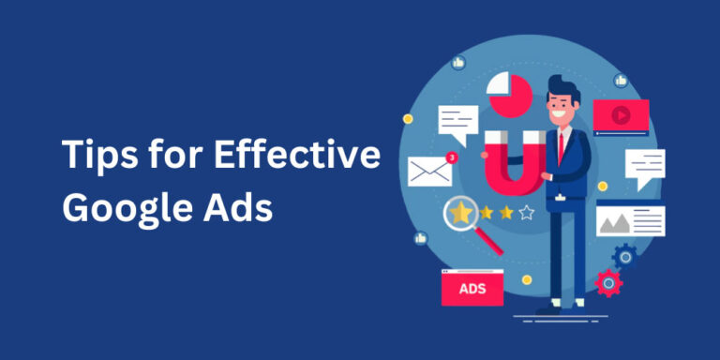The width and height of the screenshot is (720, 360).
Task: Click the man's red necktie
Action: pyautogui.click(x=562, y=145)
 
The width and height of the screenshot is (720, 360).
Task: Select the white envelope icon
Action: pyautogui.click(x=429, y=170)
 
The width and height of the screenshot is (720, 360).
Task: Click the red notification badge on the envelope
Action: pyautogui.click(x=452, y=157)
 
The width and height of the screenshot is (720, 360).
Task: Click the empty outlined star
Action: pyautogui.click(x=527, y=213)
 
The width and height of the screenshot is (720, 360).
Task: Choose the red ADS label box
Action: pyautogui.click(x=472, y=289)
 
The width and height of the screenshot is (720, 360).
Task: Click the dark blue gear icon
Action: pyautogui.click(x=624, y=256)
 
